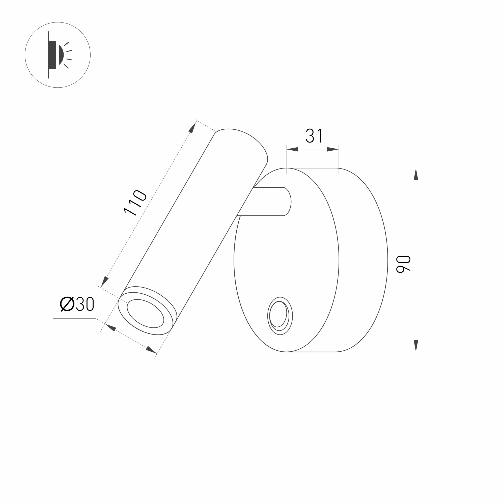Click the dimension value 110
tap(135, 203)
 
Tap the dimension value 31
tap(314, 136)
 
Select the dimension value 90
tap(403, 264)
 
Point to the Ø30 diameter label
tap(77, 304)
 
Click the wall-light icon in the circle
tap(58, 55)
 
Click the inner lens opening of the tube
tap(145, 313)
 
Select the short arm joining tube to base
tap(269, 201)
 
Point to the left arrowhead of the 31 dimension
tap(292, 150)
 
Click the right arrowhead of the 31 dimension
tap(333, 150)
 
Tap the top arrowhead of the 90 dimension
tap(416, 174)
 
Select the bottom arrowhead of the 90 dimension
tap(416, 346)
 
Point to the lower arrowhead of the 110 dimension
tap(105, 281)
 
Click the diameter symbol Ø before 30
tap(67, 304)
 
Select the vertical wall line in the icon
tap(48, 55)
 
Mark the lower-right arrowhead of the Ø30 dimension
tap(151, 350)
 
